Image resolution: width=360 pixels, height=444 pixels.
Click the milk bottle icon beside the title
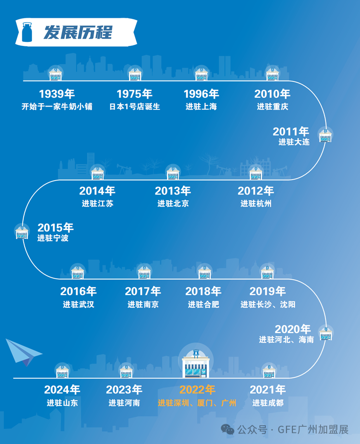[x=27, y=32]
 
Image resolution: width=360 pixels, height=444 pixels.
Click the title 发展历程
[x=77, y=33]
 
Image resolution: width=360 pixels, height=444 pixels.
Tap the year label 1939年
[x=57, y=94]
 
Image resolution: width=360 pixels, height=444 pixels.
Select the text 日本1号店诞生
[x=135, y=106]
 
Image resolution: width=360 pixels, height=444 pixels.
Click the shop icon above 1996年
[x=201, y=74]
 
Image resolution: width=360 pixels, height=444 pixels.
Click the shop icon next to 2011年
[x=325, y=135]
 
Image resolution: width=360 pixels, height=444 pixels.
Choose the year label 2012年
[x=255, y=191]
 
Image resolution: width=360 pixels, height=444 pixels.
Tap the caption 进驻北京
[x=173, y=203]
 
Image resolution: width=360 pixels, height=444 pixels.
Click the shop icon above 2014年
[x=98, y=173]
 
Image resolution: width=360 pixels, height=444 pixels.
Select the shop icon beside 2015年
[x=22, y=232]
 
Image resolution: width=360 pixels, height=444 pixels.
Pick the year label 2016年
[x=78, y=292]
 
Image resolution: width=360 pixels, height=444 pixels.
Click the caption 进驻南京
[x=143, y=304]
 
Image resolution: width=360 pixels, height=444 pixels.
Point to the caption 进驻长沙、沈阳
[x=268, y=304]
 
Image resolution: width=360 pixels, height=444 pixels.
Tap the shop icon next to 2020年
[x=325, y=334]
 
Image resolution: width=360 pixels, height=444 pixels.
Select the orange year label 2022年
[x=197, y=390]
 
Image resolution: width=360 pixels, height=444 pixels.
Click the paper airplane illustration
[x=23, y=352]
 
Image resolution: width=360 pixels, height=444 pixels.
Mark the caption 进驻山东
[x=62, y=403]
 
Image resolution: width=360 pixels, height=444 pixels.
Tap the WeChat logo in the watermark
[x=227, y=429]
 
